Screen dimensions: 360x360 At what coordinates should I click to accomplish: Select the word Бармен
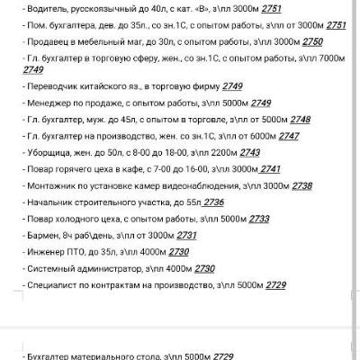click(x=42, y=234)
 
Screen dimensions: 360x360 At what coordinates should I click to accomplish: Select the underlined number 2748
click(x=301, y=119)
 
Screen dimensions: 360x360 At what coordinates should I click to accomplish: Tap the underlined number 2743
click(x=250, y=152)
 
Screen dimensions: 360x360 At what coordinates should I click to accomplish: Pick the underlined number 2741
click(x=270, y=168)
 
